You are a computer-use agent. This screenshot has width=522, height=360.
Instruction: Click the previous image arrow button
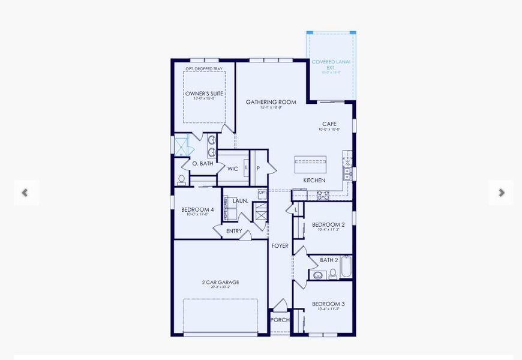[x=25, y=193]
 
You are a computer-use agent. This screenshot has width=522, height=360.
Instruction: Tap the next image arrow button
[x=501, y=193]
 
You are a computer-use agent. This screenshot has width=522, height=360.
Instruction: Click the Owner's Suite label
[x=204, y=94]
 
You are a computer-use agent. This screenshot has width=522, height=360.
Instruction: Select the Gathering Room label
[x=271, y=102]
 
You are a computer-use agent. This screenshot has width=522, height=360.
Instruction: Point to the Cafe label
[x=329, y=124]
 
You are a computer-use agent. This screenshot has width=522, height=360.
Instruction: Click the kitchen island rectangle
[x=310, y=164]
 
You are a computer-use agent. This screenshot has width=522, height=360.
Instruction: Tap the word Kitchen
[x=314, y=180]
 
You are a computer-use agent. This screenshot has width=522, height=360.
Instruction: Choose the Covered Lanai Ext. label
[x=331, y=64]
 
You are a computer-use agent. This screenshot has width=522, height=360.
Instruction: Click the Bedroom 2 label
[x=328, y=225]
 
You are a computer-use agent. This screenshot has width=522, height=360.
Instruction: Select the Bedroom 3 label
[x=328, y=304]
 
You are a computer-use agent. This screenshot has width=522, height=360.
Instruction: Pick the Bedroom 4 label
[x=197, y=209]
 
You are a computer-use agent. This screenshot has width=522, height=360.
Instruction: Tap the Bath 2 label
[x=329, y=260]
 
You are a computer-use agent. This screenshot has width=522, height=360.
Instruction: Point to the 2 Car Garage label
[x=220, y=282]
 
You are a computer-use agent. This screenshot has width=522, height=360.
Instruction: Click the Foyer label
[x=280, y=246]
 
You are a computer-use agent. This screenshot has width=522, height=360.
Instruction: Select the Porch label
[x=280, y=320]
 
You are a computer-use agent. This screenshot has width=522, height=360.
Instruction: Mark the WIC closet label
[x=233, y=169]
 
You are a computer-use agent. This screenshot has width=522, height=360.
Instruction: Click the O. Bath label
[x=202, y=164]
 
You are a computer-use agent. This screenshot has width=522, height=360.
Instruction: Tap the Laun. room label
[x=240, y=201]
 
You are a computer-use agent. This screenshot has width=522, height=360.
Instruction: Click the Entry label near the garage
[x=234, y=231]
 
